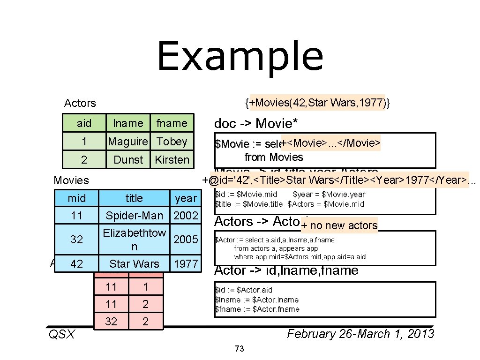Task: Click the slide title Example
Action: (x=240, y=57)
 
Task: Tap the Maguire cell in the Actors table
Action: (x=128, y=142)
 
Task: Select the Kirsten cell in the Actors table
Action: (x=172, y=160)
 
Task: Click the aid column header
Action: (x=84, y=123)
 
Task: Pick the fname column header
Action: (x=172, y=123)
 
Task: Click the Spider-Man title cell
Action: (x=134, y=216)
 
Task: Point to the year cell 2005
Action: (x=186, y=240)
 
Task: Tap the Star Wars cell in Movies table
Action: (x=134, y=264)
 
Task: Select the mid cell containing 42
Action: (x=76, y=264)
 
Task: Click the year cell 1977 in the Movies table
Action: (x=186, y=264)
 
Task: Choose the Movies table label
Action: (x=71, y=180)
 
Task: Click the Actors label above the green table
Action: (x=80, y=103)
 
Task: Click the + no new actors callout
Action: (x=339, y=225)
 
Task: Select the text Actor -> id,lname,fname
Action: (x=286, y=270)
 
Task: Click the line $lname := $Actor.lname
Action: (x=256, y=300)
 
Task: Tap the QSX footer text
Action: (x=62, y=334)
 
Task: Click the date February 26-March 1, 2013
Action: (x=360, y=334)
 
